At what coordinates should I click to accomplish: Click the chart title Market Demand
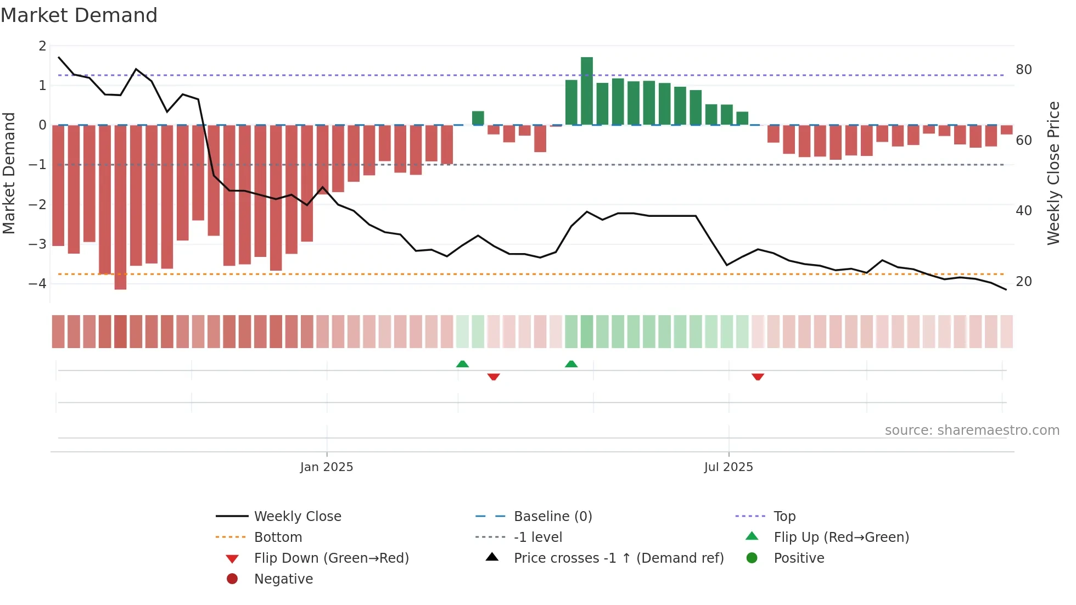79,15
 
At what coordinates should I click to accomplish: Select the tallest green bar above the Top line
586,91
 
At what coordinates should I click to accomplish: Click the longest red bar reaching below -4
120,208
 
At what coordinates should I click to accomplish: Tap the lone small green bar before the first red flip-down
478,118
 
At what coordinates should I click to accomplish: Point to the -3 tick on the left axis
38,244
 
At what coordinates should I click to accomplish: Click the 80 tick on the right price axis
1023,70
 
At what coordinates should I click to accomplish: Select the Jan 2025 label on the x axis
327,467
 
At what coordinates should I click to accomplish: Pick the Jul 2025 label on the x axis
728,467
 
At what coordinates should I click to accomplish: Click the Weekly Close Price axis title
1053,173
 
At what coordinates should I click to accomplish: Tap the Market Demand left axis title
9,173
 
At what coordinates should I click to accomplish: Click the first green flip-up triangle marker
462,364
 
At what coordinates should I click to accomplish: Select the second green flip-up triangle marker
571,364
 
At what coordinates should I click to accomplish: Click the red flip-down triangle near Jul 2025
758,377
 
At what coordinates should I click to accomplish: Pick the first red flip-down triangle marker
493,377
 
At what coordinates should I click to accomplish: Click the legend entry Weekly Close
297,517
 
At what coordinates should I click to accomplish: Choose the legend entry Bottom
278,537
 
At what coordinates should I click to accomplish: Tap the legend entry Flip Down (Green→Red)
331,558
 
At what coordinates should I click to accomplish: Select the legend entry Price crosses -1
618,558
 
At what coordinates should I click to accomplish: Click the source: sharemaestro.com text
972,430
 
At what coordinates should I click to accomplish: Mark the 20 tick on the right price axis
1023,282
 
